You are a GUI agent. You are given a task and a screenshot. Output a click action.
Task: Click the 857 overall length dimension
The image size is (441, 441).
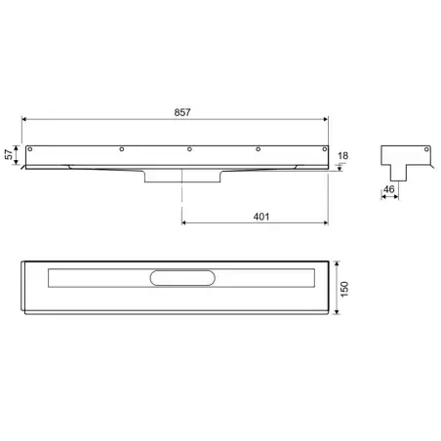point(182,112)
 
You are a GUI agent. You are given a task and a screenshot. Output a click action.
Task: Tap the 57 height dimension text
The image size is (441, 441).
point(9,154)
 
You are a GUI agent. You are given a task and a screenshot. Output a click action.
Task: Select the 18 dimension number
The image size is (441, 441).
point(342,156)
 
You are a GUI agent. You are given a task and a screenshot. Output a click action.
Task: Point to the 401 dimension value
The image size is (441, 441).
point(261,217)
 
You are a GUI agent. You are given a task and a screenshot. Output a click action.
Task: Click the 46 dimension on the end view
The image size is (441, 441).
point(388,189)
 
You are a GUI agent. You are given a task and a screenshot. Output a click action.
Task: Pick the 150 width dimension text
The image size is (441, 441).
point(344,289)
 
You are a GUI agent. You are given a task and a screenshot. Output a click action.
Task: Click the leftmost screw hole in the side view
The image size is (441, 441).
point(30,149)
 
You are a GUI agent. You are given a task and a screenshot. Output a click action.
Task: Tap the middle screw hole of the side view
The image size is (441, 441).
point(189,149)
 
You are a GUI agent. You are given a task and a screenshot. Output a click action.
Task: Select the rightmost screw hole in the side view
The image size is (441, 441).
point(324,149)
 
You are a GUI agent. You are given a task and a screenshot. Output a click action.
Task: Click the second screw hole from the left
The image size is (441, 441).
point(122,149)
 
